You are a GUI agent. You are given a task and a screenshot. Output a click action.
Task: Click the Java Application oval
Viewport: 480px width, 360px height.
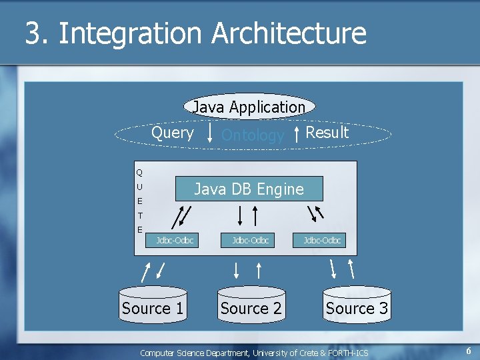tap(249, 107)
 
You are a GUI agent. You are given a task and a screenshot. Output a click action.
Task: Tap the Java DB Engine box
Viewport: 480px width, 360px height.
tap(249, 189)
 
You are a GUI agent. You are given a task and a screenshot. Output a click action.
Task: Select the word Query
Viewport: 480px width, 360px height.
tap(173, 133)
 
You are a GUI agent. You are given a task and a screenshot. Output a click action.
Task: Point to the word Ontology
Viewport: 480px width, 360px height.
tap(253, 135)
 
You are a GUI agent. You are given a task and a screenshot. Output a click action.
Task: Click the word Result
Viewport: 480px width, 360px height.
tap(327, 133)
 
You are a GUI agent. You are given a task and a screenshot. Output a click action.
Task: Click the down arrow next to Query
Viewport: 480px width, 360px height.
tap(211, 131)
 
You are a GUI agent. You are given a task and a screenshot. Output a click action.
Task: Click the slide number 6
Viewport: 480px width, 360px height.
tap(469, 351)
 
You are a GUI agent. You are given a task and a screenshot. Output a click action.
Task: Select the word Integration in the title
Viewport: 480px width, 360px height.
tap(130, 33)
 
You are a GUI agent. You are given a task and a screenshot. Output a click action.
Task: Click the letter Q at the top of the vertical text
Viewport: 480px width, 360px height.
tap(139, 173)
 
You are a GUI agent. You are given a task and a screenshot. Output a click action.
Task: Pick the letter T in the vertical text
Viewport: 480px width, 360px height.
tap(140, 215)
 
